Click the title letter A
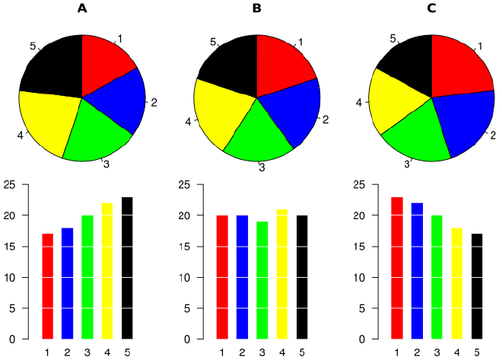[x=82, y=8]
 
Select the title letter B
[x=257, y=8]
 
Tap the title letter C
[x=432, y=8]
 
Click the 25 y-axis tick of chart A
[x=9, y=185]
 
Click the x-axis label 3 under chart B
[x=262, y=352]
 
